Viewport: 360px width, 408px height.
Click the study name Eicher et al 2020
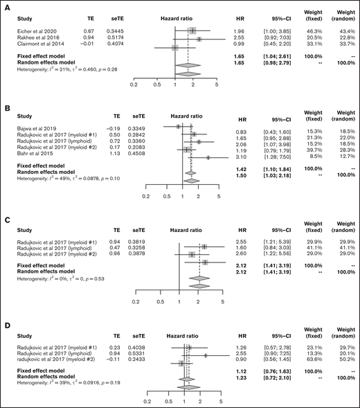(x=30, y=30)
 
